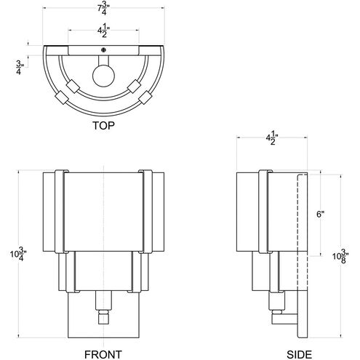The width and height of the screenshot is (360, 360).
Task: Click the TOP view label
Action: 104,124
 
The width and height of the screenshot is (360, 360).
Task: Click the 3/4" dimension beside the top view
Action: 17,68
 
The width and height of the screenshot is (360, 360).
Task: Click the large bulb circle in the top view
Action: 103,76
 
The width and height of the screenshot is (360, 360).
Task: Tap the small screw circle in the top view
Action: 104,49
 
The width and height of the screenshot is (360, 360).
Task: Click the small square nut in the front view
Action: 103,316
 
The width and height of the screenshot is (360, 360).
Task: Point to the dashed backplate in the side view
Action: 307,255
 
